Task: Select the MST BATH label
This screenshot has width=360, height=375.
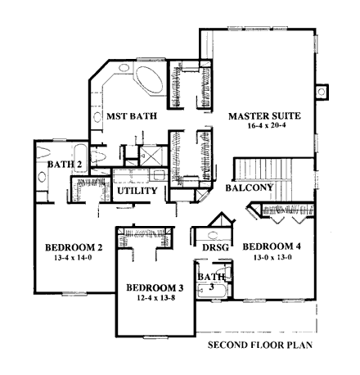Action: point(127,117)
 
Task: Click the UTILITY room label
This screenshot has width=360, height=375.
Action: point(136,191)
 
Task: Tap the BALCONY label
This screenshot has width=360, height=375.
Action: point(250,188)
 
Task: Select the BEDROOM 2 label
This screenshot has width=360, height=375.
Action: point(72,248)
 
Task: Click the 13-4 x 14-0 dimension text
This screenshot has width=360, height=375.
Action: point(72,260)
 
